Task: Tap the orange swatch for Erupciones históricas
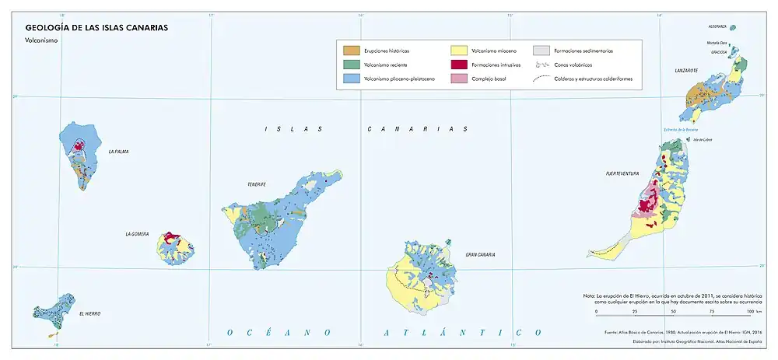pyautogui.click(x=352, y=51)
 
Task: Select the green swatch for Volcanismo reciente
pyautogui.click(x=352, y=65)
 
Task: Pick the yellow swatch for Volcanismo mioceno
pyautogui.click(x=459, y=51)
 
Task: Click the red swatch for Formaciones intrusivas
pyautogui.click(x=459, y=65)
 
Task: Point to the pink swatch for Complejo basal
pyautogui.click(x=459, y=79)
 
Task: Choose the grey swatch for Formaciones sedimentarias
pyautogui.click(x=541, y=51)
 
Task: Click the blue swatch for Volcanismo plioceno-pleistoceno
pyautogui.click(x=352, y=79)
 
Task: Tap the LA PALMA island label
pyautogui.click(x=118, y=152)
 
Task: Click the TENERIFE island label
pyautogui.click(x=257, y=184)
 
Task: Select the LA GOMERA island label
pyautogui.click(x=137, y=234)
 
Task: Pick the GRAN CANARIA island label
pyautogui.click(x=481, y=254)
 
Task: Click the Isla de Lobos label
pyautogui.click(x=702, y=140)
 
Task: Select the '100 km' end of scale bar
pyautogui.click(x=751, y=311)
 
